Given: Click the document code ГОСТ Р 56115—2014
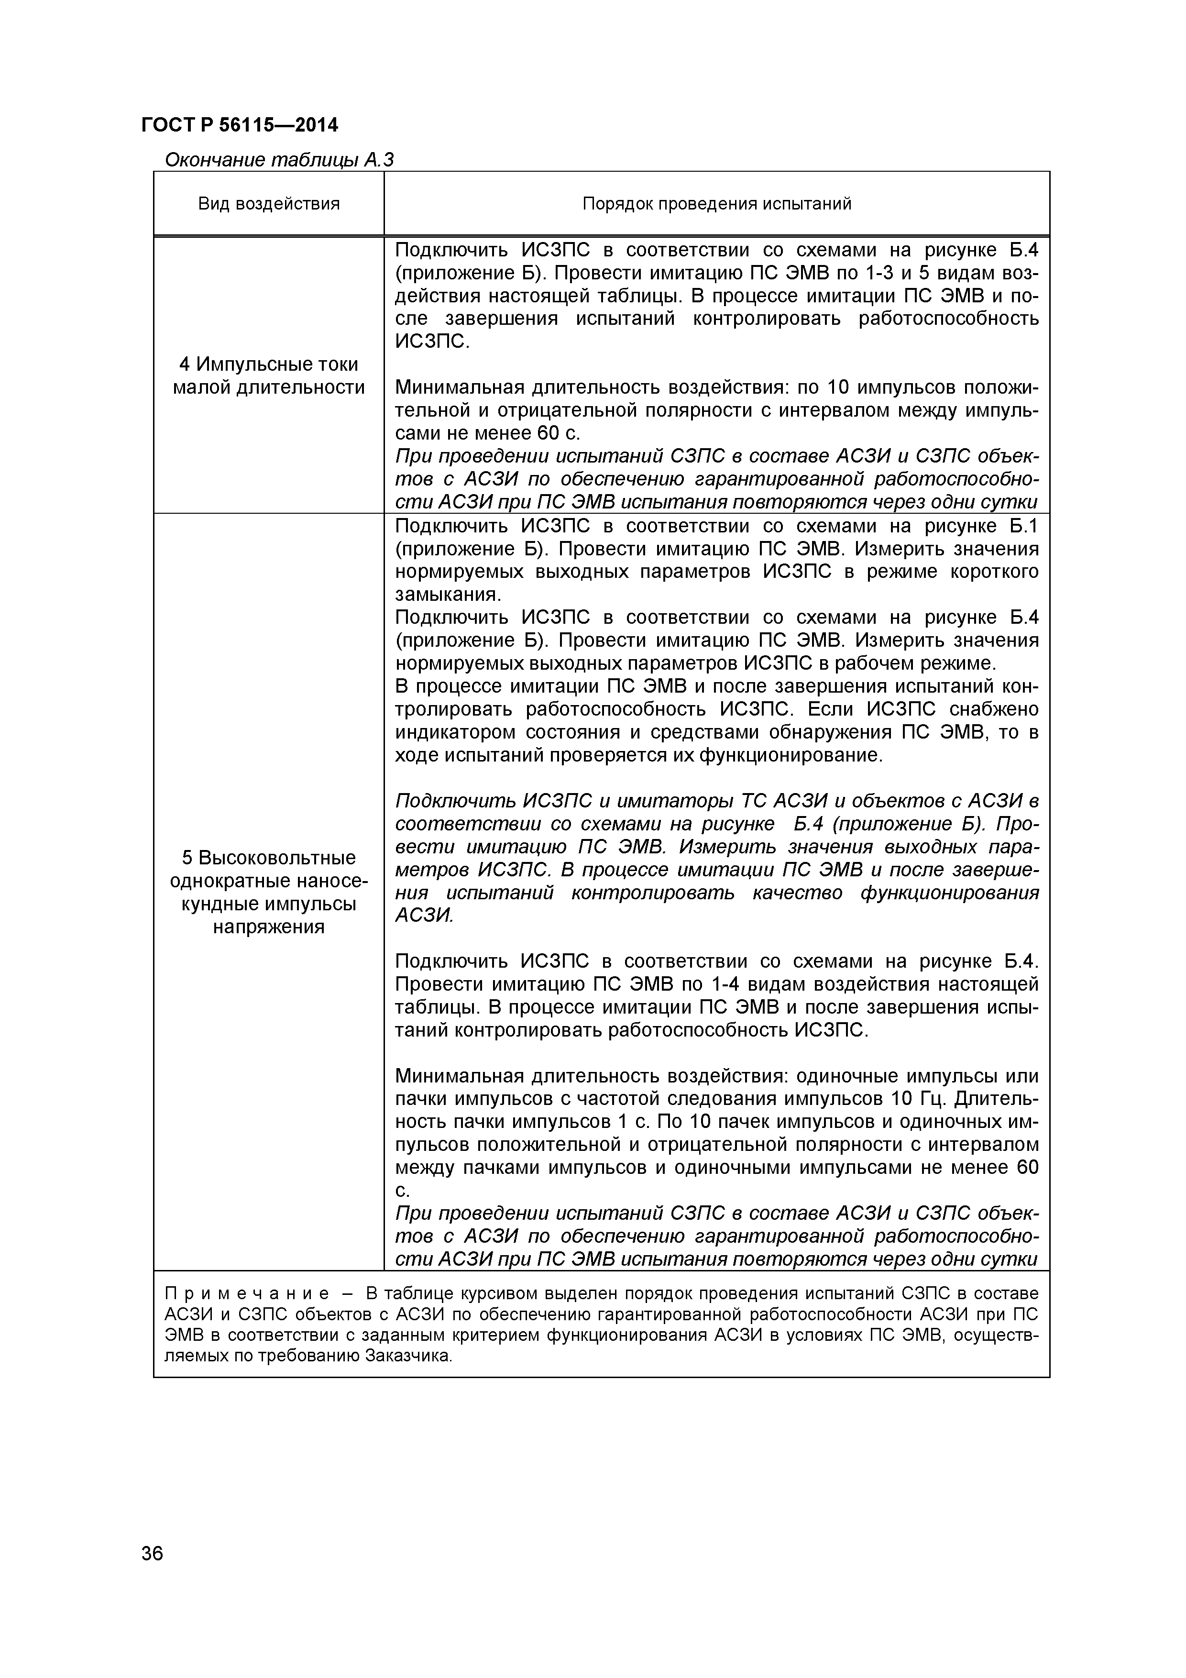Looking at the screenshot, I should (240, 125).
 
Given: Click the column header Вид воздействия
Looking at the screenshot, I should (269, 204).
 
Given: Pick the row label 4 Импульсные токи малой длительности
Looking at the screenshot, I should (269, 375).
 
